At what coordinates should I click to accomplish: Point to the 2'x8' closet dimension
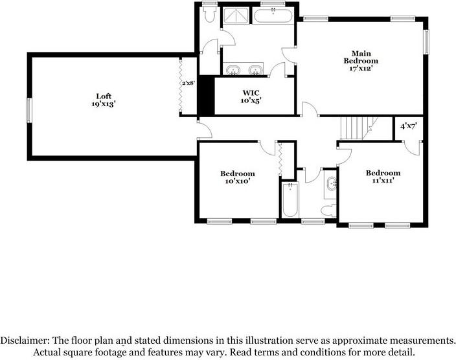tap(188, 83)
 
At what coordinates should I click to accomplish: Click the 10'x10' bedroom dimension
tap(237, 181)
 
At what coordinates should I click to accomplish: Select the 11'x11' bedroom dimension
tap(382, 181)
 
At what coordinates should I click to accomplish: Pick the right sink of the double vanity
tap(256, 69)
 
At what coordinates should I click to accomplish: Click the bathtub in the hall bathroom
tap(289, 201)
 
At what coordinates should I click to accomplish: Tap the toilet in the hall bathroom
tap(330, 209)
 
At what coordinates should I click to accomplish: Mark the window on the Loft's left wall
tap(28, 109)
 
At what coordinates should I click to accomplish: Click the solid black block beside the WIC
tap(205, 96)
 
